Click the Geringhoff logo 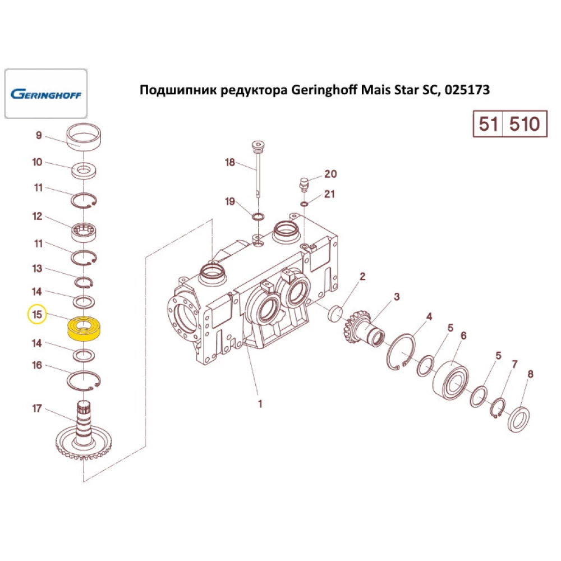point(46,94)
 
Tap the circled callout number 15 point(37,315)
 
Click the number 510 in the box point(525,124)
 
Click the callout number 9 point(39,135)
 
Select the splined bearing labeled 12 point(84,232)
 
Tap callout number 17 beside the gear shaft point(37,408)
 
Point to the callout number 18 point(229,163)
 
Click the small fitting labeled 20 point(304,184)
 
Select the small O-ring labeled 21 point(304,204)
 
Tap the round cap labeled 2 point(335,314)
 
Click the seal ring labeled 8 point(519,419)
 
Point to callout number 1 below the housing point(260,403)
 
